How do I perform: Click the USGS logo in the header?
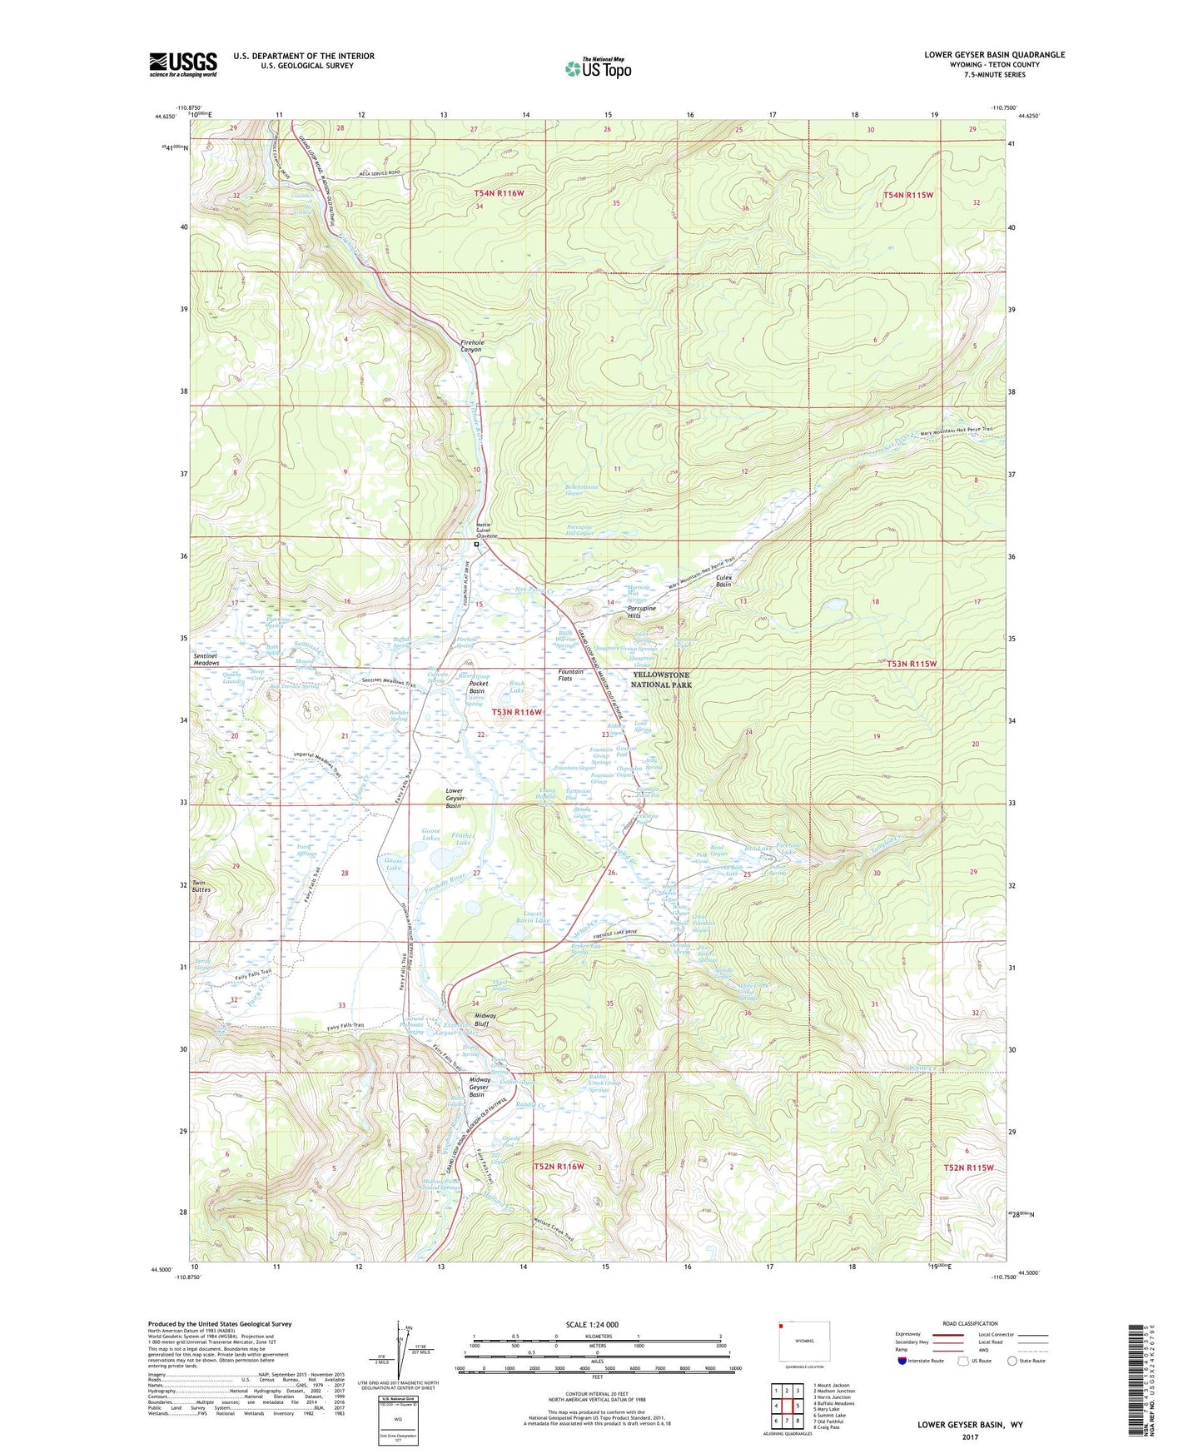coord(183,64)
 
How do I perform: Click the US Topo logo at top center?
coord(598,67)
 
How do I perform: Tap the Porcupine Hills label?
coord(641,612)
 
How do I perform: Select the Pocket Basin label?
coord(476,687)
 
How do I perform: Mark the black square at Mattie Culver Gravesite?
coord(476,545)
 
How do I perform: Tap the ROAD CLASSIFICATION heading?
coord(971,1323)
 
